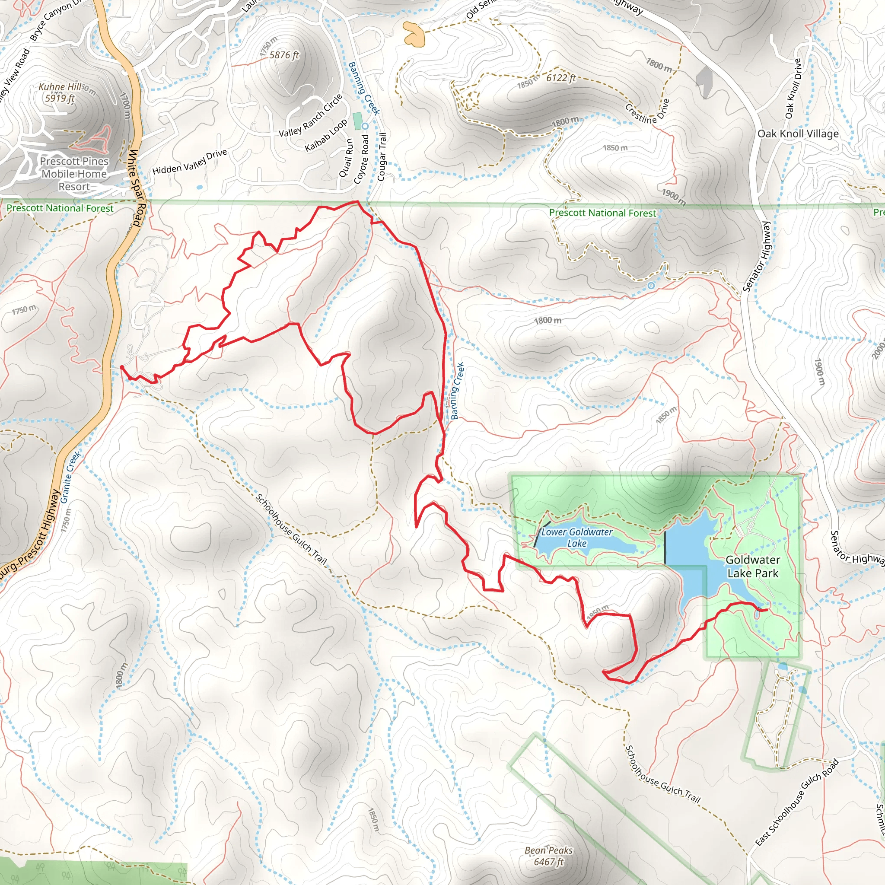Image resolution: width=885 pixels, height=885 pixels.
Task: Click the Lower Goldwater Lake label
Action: point(576,537)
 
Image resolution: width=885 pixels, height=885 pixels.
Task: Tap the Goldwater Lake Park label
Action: point(753,566)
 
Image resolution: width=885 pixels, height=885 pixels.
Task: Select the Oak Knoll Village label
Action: point(798,134)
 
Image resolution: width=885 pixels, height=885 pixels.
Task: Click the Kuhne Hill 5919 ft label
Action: point(60,92)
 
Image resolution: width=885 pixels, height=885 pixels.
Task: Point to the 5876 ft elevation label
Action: point(284,55)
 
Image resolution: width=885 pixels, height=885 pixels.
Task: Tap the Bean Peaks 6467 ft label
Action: point(548,856)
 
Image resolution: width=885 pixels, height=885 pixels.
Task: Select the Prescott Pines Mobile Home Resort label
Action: point(74,174)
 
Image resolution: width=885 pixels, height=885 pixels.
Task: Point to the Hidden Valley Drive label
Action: point(190,162)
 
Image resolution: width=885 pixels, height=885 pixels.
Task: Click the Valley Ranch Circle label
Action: point(311,115)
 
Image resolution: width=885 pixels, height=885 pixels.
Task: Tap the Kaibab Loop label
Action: point(326,136)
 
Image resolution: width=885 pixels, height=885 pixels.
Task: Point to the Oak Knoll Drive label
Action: point(793,89)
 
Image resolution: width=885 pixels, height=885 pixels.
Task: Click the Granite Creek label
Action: point(70,478)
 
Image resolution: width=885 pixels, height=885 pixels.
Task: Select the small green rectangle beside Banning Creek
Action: point(357,121)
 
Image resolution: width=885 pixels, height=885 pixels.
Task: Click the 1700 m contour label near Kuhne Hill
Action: point(124,105)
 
